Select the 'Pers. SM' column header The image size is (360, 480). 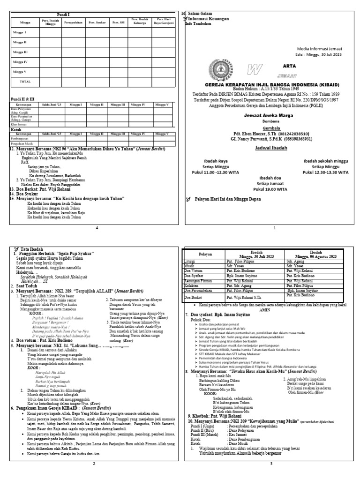[x=118, y=22]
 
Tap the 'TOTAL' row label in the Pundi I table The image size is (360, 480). [x=25, y=81]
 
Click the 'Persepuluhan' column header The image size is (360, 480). [x=74, y=22]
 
